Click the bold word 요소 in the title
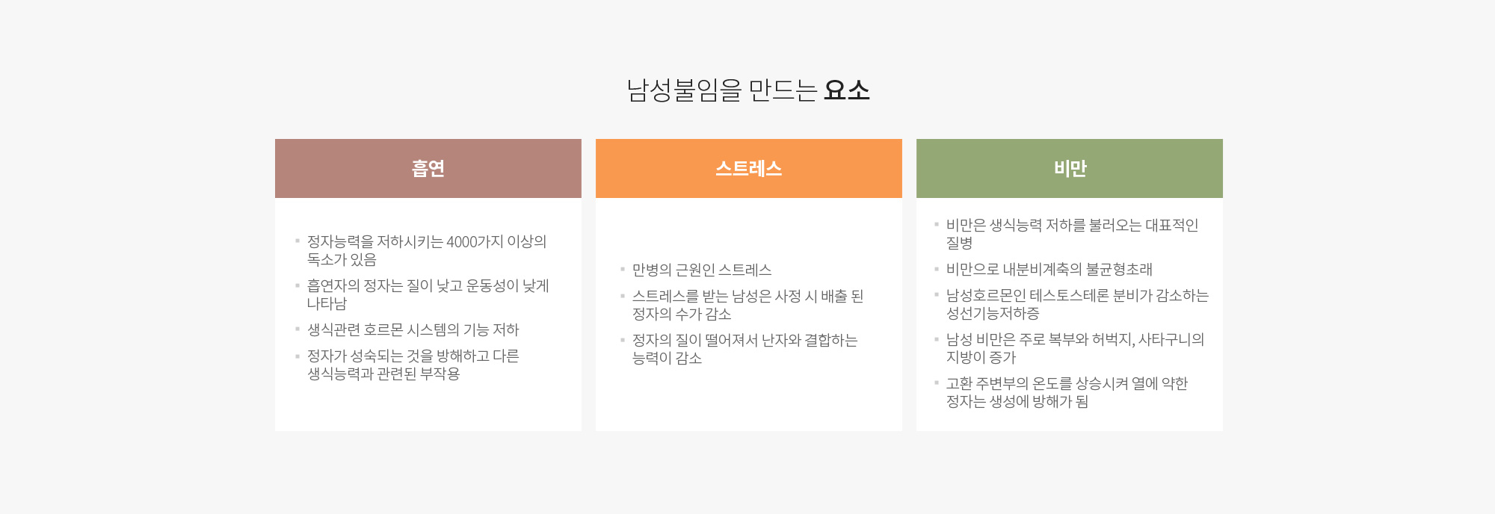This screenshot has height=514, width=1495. tap(847, 90)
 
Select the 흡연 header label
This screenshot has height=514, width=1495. tap(428, 169)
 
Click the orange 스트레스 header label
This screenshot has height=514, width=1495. tap(749, 169)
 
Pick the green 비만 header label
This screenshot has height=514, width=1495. tap(1070, 169)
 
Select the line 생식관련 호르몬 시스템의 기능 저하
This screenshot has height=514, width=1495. tap(413, 330)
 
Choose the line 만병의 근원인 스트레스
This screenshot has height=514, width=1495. tap(702, 270)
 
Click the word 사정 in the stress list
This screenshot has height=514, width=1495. tap(788, 297)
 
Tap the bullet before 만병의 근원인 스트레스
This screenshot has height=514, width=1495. tap(623, 269)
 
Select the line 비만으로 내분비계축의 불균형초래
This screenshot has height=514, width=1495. tap(1049, 270)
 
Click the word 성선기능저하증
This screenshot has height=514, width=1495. tap(993, 314)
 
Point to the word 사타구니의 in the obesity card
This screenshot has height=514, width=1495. tap(1171, 340)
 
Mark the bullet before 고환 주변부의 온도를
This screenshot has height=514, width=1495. tap(937, 383)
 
